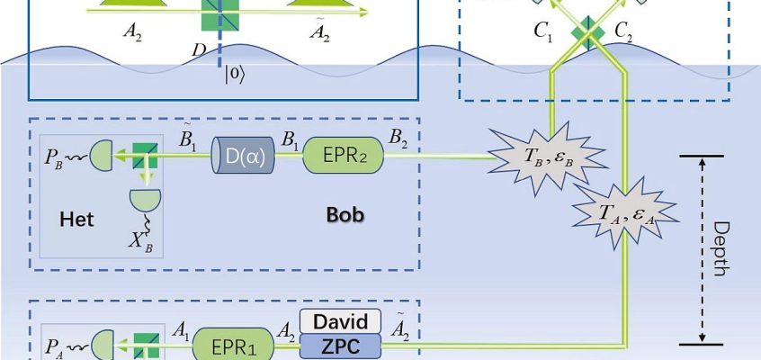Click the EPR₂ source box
pyautogui.click(x=344, y=156)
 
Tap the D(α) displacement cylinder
pyautogui.click(x=243, y=156)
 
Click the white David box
pyautogui.click(x=340, y=321)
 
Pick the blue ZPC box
pyautogui.click(x=340, y=346)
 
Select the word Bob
pyautogui.click(x=345, y=215)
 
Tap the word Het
pyautogui.click(x=76, y=220)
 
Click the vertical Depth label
pyautogui.click(x=722, y=249)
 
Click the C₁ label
pyautogui.click(x=543, y=33)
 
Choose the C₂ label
pyautogui.click(x=623, y=33)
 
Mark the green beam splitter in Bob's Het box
pyautogui.click(x=146, y=156)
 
